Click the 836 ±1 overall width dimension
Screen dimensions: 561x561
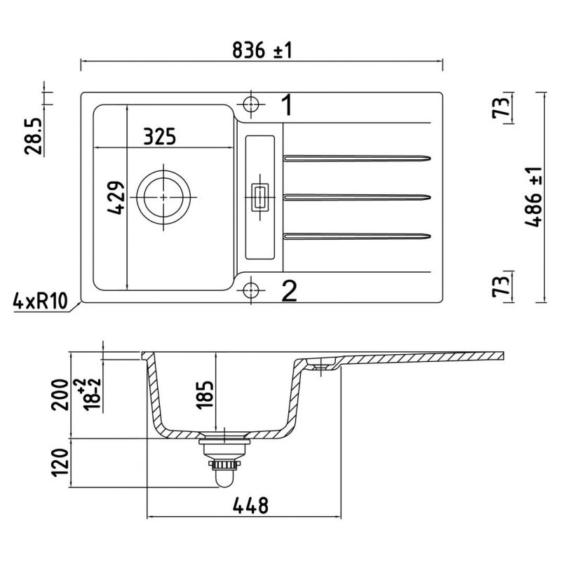[260, 50]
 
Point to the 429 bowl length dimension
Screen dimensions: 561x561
[116, 198]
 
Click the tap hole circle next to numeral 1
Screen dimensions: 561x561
[250, 104]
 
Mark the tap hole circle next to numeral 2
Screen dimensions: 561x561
[250, 288]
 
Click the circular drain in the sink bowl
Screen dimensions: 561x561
[164, 198]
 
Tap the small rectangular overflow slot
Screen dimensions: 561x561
[259, 197]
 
